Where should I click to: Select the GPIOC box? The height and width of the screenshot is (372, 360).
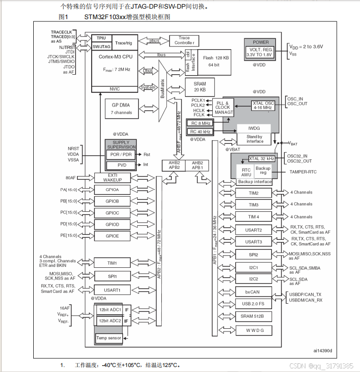pyautogui.click(x=112, y=213)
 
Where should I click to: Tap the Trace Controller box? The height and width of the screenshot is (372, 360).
pyautogui.click(x=184, y=41)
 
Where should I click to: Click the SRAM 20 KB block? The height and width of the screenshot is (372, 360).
pyautogui.click(x=200, y=87)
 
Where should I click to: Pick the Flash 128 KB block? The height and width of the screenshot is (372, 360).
pyautogui.click(x=215, y=61)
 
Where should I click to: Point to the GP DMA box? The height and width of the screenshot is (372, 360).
pyautogui.click(x=121, y=108)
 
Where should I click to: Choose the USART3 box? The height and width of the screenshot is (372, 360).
pyautogui.click(x=253, y=242)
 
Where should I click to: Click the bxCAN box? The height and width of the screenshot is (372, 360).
pyautogui.click(x=253, y=291)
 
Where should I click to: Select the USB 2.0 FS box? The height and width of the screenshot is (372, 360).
pyautogui.click(x=253, y=304)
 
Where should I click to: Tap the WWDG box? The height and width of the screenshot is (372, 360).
pyautogui.click(x=253, y=329)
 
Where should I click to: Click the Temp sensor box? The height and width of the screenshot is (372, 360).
pyautogui.click(x=108, y=338)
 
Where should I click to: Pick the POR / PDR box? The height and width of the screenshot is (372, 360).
pyautogui.click(x=121, y=154)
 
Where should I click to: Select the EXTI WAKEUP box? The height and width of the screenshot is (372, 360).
pyautogui.click(x=113, y=178)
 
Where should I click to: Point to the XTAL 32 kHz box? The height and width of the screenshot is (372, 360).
pyautogui.click(x=262, y=158)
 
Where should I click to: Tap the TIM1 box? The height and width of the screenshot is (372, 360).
pyautogui.click(x=112, y=263)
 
